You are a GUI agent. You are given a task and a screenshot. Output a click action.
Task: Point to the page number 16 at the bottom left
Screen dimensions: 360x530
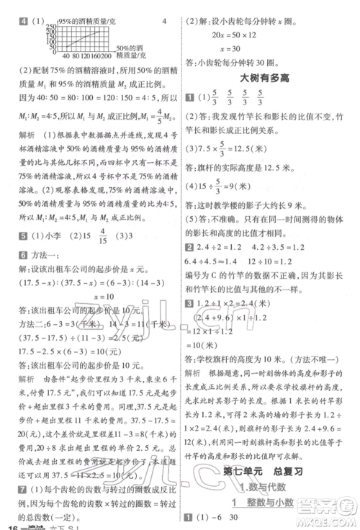(9, 524)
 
